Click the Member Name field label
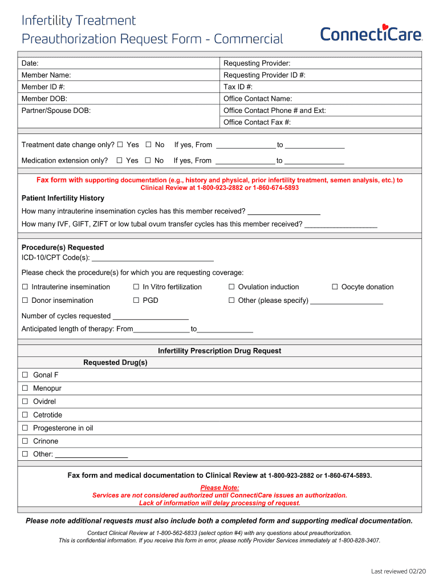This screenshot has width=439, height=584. coord(46,75)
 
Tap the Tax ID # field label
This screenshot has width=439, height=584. coord(238,87)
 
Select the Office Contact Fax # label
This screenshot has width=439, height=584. coord(257,123)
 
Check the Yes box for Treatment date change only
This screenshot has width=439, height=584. coord(120,145)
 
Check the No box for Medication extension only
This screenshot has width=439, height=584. coord(148,161)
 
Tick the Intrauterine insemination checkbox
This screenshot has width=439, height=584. coord(25,287)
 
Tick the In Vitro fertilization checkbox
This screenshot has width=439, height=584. coord(136,287)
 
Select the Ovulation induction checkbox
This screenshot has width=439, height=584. coord(232,287)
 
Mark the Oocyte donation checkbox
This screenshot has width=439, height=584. coord(335,287)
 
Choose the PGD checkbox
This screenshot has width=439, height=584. coord(136,301)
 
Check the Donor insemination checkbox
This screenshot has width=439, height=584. coord(25,301)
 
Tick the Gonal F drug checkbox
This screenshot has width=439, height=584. coord(25,375)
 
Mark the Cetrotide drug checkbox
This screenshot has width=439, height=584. coord(25,415)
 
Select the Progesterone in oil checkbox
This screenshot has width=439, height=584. coord(25,428)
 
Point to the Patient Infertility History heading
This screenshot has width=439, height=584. coord(63,198)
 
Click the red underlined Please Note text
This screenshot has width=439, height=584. coord(219,488)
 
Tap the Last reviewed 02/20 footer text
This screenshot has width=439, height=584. coord(398,571)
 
